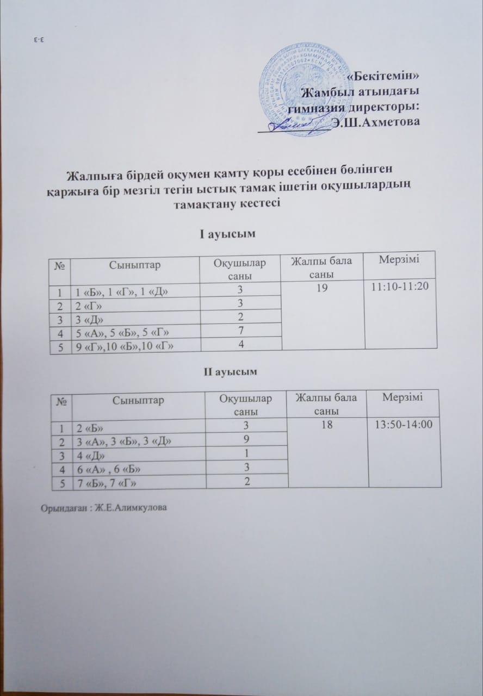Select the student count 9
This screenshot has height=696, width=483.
pyautogui.click(x=246, y=439)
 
